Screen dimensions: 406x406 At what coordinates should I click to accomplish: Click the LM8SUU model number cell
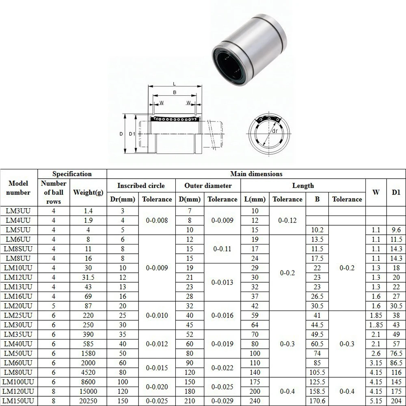tap(19, 249)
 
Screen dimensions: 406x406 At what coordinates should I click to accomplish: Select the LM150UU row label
tap(19, 401)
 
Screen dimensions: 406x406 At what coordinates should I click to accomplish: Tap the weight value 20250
tap(88, 401)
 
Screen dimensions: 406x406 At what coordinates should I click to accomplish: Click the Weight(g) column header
tap(88, 192)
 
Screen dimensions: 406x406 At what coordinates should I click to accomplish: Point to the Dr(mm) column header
tap(122, 199)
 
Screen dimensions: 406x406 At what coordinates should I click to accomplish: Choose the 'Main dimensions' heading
tap(256, 174)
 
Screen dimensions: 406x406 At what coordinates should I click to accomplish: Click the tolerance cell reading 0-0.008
tap(157, 220)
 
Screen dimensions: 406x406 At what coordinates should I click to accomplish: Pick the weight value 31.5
tap(88, 277)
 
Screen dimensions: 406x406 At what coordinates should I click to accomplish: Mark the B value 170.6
tap(317, 401)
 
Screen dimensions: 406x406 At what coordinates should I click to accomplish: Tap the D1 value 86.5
tap(396, 363)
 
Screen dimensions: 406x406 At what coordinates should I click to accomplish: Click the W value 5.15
tap(376, 401)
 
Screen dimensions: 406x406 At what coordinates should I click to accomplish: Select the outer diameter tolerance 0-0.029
tap(222, 401)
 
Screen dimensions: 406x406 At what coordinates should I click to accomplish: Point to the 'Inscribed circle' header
tap(141, 186)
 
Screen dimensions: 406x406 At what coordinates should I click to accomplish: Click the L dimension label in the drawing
tap(174, 84)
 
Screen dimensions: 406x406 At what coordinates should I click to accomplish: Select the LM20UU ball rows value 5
tap(54, 306)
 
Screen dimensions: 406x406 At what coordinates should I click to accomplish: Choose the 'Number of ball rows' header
tap(54, 192)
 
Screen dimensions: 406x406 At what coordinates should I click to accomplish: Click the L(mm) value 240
tap(255, 401)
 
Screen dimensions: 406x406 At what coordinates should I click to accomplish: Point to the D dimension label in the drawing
tap(121, 134)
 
